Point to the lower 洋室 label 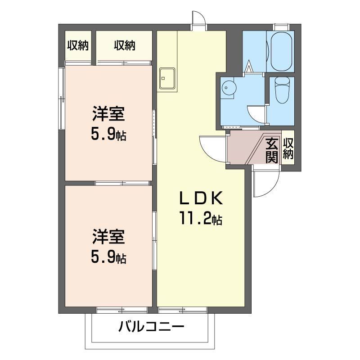click(x=108, y=237)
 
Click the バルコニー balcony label click(x=152, y=327)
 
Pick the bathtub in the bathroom click(x=280, y=51)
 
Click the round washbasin click(x=229, y=88)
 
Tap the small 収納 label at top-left click(x=78, y=45)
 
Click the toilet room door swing click(x=258, y=113)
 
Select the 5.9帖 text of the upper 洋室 click(x=108, y=134)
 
